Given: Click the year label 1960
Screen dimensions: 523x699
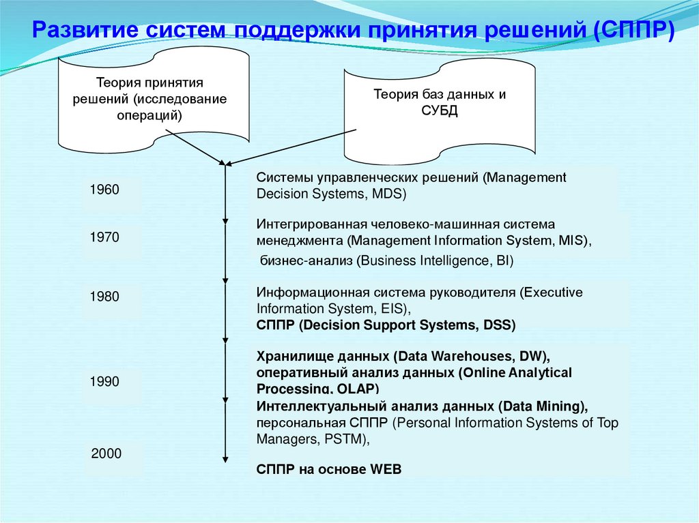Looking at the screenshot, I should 104,190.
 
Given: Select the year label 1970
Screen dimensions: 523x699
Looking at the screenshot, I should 104,238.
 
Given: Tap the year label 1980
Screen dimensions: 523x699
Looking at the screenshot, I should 104,297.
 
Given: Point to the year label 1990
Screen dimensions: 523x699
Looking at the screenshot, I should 104,382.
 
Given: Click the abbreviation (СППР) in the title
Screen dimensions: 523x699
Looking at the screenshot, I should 631,31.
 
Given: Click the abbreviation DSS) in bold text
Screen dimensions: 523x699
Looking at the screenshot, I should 499,325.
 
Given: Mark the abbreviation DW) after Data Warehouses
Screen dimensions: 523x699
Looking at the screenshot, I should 536,357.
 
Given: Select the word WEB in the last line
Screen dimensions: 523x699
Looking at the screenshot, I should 386,469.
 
